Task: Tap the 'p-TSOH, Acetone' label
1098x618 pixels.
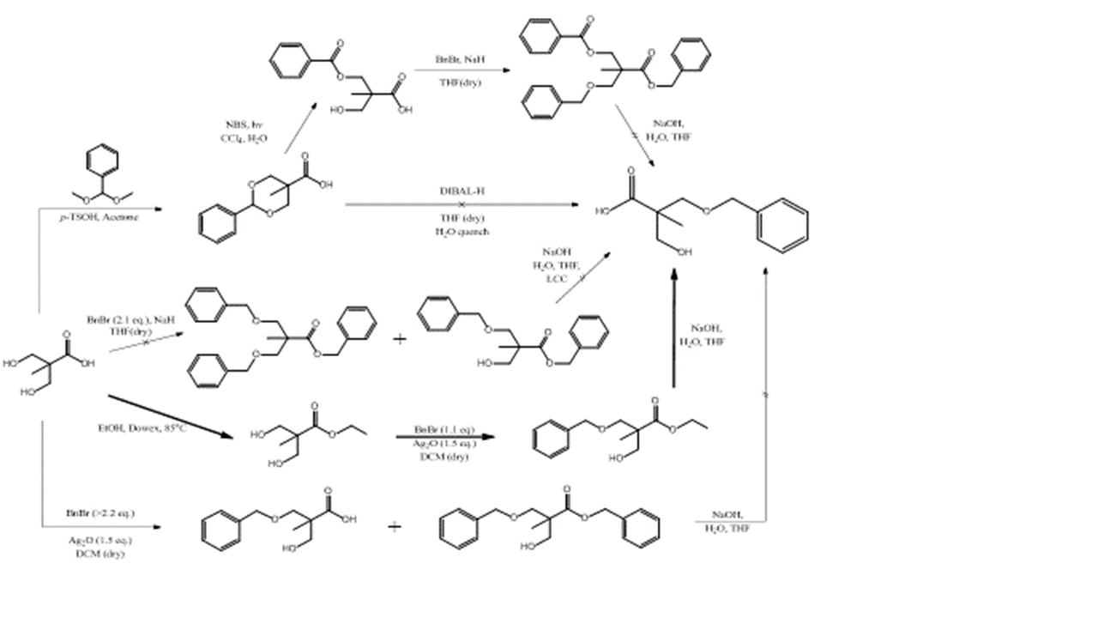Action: [99, 218]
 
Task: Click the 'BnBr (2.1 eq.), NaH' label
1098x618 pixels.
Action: [130, 319]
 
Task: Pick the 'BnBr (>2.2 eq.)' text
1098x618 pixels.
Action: [100, 512]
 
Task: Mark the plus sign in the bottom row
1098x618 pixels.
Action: [394, 526]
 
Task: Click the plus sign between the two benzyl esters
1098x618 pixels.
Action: [400, 339]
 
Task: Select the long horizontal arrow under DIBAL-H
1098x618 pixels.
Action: [460, 205]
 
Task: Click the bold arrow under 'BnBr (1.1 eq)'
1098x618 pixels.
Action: [446, 437]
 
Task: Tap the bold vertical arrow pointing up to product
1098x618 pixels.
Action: [674, 326]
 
